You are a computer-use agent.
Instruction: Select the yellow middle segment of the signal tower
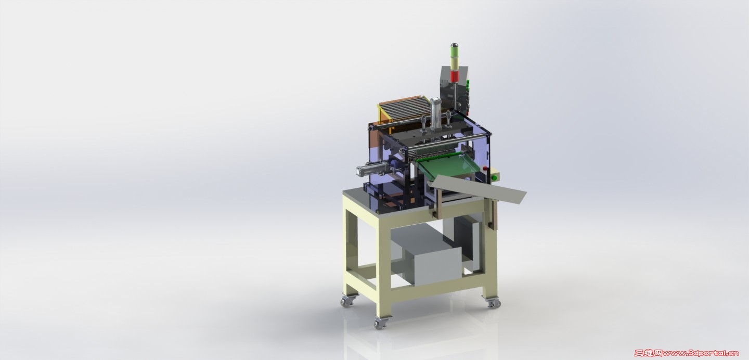pos(454,63)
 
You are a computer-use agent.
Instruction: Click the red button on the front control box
pos(485,168)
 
